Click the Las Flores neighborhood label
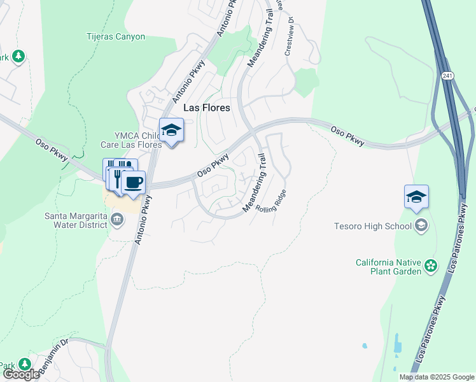(206, 108)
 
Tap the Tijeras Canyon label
(116, 36)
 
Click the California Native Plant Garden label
(389, 267)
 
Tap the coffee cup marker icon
(133, 183)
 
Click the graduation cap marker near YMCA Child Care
(171, 131)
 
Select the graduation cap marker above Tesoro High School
(416, 197)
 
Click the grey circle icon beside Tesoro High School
(421, 225)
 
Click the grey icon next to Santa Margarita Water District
(117, 220)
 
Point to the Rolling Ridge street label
(271, 202)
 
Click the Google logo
(20, 374)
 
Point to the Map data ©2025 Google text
(437, 377)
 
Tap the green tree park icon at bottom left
(25, 364)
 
